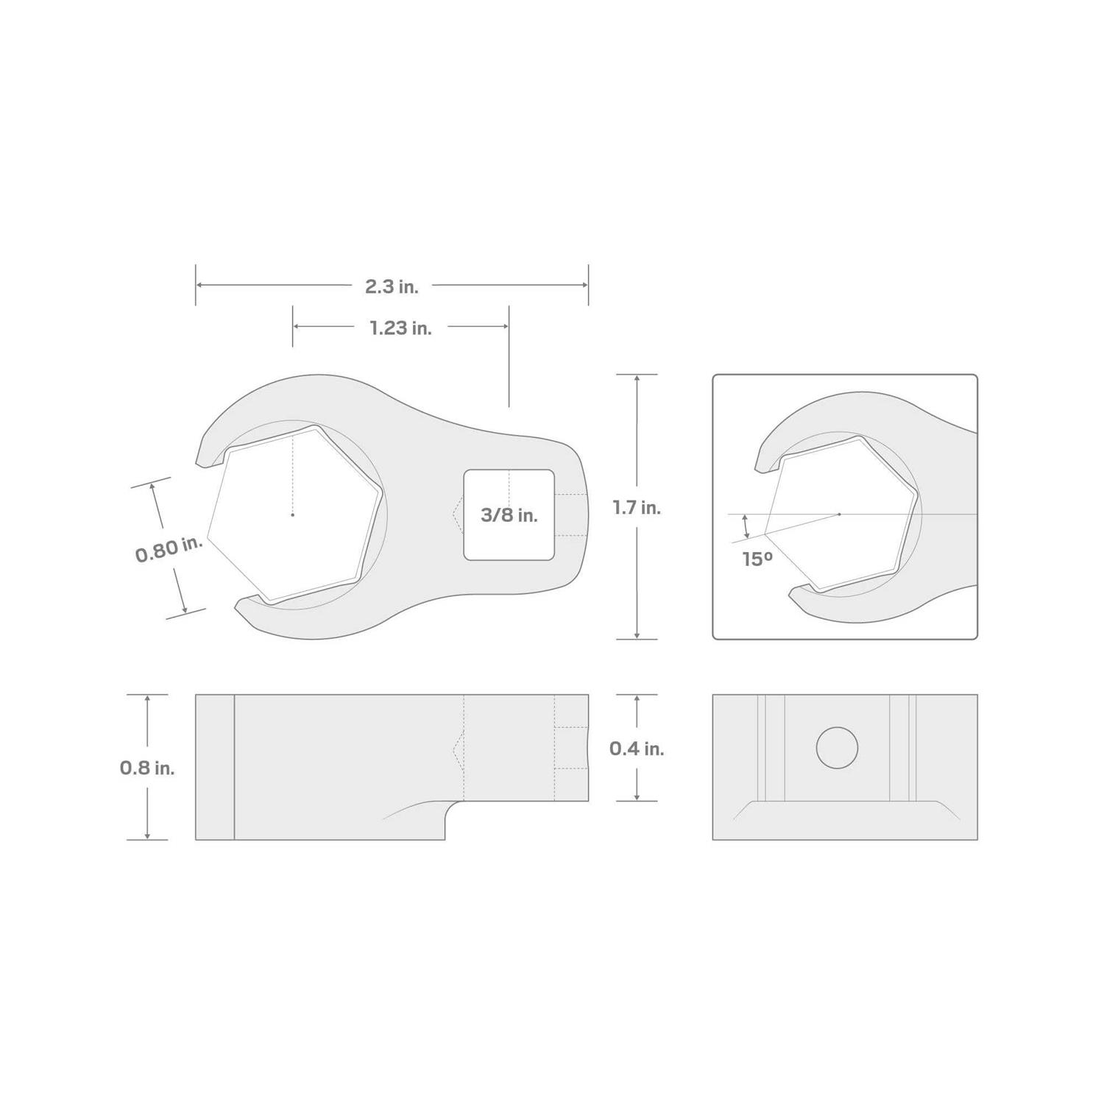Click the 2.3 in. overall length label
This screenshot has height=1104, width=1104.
(x=392, y=286)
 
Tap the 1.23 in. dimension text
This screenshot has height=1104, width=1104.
(x=400, y=328)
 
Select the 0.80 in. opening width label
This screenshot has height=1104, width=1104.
(x=169, y=550)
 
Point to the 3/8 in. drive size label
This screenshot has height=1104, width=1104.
(x=509, y=515)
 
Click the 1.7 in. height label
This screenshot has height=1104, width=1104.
(x=637, y=507)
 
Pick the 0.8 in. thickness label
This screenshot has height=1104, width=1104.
(x=147, y=768)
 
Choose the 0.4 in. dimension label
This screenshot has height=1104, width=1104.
(x=637, y=748)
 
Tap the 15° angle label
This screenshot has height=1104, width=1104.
(x=757, y=559)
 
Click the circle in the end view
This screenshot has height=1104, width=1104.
(x=838, y=748)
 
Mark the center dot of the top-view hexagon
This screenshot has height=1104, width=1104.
(x=292, y=514)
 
